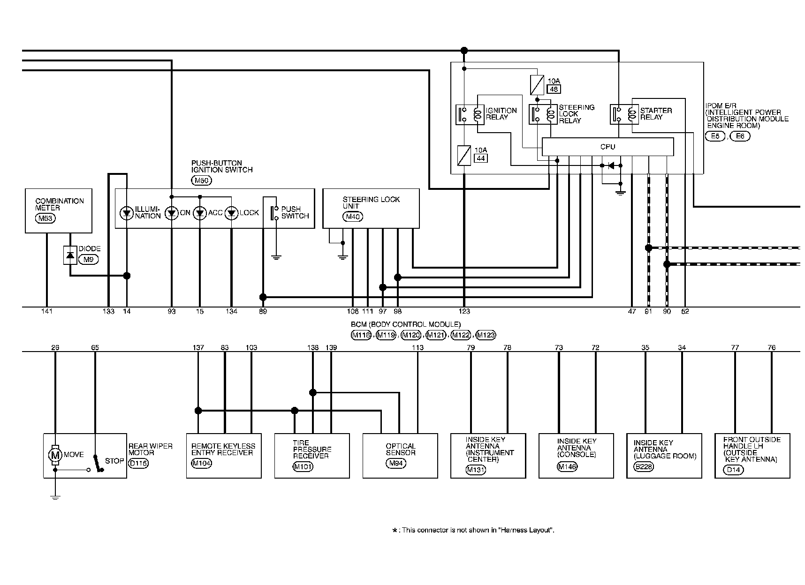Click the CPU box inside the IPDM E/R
[x=608, y=147]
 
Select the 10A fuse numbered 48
[x=537, y=84]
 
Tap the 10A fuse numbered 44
[x=463, y=155]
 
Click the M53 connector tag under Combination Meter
[x=44, y=217]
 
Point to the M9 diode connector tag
[x=89, y=259]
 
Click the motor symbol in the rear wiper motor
[x=55, y=455]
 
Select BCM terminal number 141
[x=47, y=312]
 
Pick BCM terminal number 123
[x=464, y=312]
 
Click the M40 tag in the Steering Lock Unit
[x=353, y=217]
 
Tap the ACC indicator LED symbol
[x=200, y=213]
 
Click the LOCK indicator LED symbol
[x=232, y=213]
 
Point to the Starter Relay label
[x=656, y=114]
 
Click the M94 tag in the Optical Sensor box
[x=395, y=463]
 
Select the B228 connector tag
[x=643, y=466]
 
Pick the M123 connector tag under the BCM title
[x=486, y=335]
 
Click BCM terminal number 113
[x=418, y=348]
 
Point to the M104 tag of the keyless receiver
[x=202, y=463]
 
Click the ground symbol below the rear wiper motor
[x=55, y=498]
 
